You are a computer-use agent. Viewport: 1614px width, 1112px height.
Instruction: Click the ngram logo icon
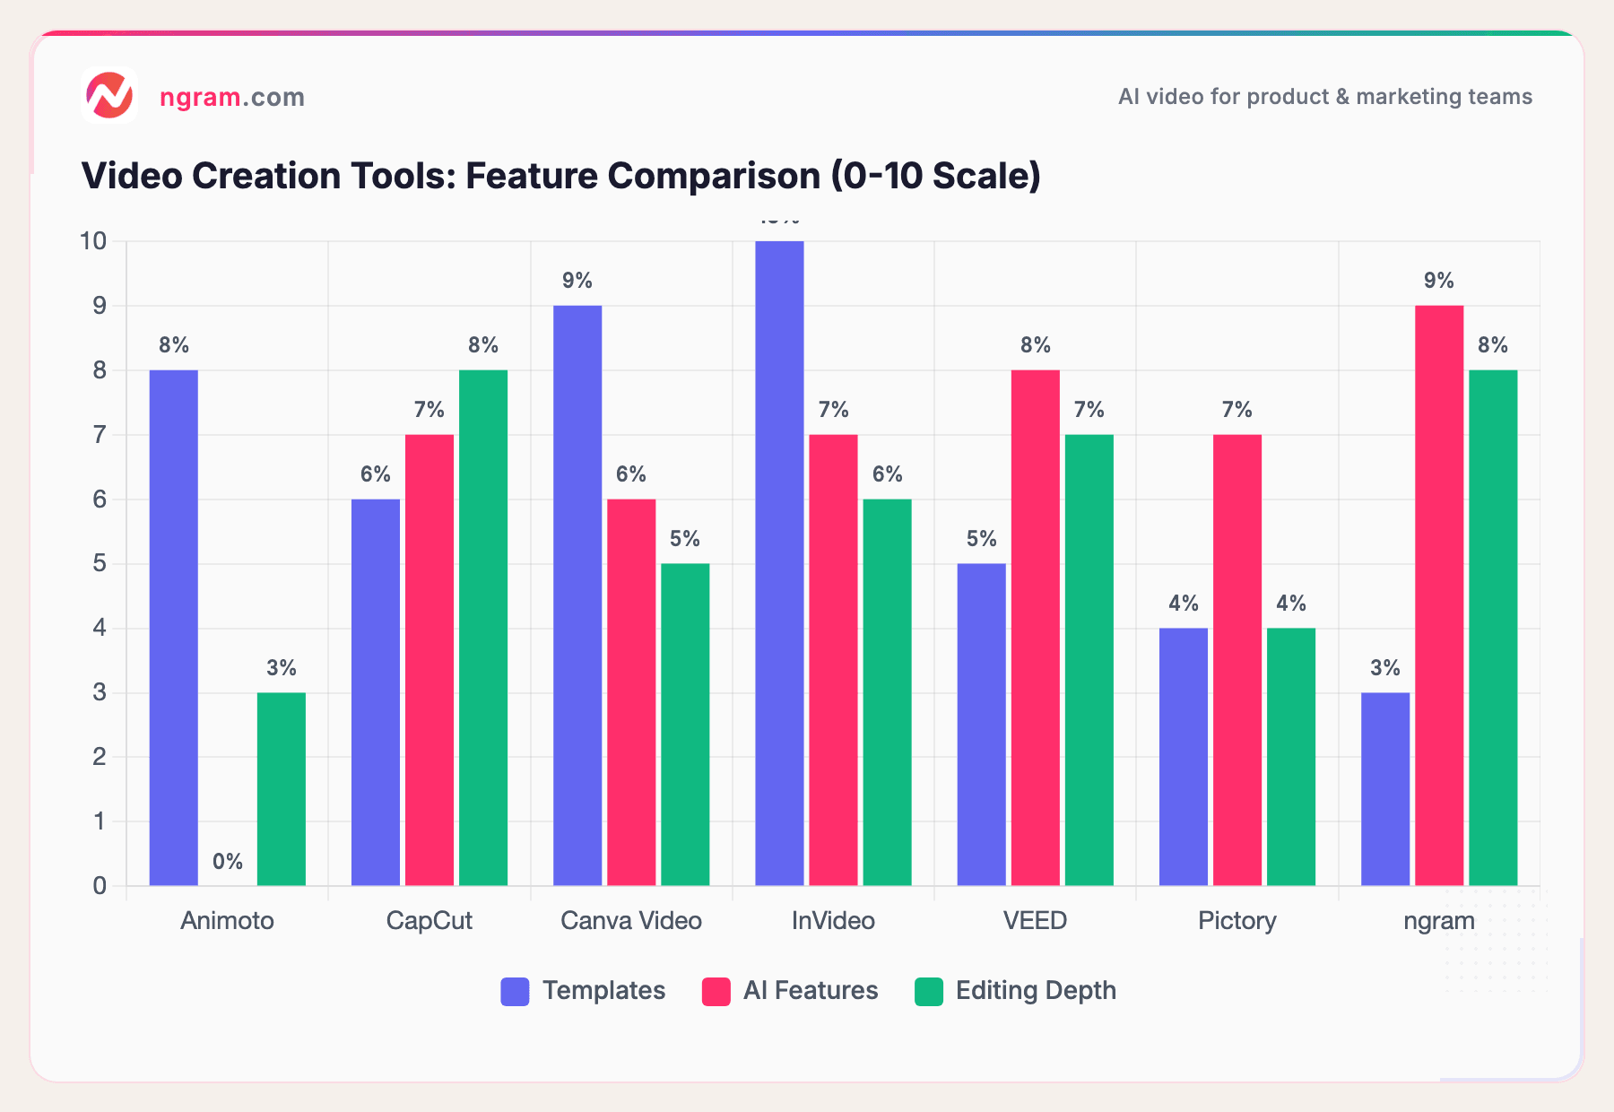click(109, 96)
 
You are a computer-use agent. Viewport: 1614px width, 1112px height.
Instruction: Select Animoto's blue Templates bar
click(174, 628)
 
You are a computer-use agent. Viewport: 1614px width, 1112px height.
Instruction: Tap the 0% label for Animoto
click(228, 862)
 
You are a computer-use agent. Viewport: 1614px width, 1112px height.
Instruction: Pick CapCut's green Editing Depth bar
click(483, 628)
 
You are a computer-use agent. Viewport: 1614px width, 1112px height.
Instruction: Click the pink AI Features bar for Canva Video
click(631, 692)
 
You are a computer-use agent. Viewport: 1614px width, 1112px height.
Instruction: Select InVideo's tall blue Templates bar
click(779, 563)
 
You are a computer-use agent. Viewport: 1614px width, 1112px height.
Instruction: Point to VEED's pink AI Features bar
click(1036, 628)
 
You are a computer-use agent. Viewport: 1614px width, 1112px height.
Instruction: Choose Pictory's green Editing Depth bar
click(1291, 757)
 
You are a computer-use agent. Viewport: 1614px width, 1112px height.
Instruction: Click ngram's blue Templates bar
click(1385, 789)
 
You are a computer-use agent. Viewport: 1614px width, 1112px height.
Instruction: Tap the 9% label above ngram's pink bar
click(1439, 281)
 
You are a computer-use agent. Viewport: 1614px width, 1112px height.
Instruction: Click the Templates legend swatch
click(515, 991)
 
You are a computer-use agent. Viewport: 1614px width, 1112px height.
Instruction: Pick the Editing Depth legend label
click(1036, 991)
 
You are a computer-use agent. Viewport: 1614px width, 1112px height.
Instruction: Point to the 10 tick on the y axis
click(93, 241)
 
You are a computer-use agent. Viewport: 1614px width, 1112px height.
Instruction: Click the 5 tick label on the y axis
click(100, 564)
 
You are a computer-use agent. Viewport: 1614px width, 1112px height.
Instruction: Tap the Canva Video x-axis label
click(631, 921)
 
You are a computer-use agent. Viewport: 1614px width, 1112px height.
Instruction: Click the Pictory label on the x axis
click(1237, 921)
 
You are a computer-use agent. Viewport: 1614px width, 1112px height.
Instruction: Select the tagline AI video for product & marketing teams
click(1325, 97)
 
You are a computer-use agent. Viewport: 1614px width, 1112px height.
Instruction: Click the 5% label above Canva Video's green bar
click(685, 539)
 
